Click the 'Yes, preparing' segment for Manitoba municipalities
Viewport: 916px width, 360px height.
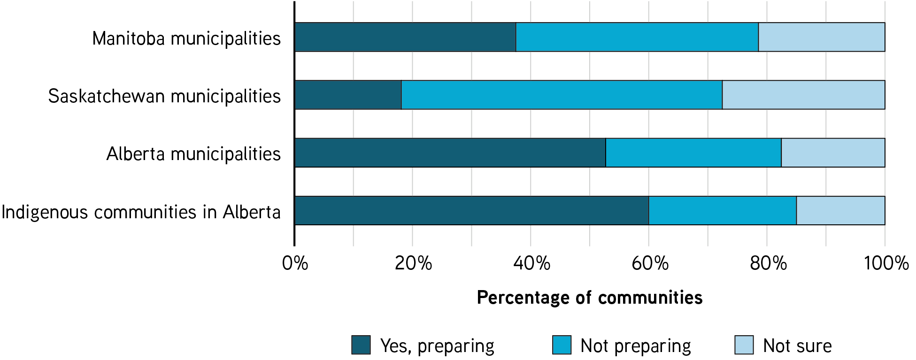[x=405, y=37]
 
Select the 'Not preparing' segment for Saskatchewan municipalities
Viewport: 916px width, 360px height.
[x=562, y=95]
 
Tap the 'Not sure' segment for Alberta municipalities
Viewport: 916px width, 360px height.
[x=833, y=153]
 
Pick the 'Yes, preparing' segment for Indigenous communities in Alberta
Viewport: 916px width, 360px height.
[x=471, y=210]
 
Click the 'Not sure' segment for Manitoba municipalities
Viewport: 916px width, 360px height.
[x=822, y=37]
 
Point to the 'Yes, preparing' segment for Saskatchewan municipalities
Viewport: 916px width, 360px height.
[x=348, y=95]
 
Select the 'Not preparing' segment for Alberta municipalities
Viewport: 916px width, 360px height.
[x=693, y=153]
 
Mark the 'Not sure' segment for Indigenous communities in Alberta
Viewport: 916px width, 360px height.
[x=840, y=210]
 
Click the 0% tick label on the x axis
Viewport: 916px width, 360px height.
[x=295, y=263]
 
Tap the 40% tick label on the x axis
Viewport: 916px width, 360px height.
[x=531, y=263]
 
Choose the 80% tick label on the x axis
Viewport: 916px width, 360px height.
[x=768, y=263]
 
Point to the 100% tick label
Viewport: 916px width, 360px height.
[x=886, y=263]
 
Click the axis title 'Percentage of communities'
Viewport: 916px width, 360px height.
[x=590, y=298]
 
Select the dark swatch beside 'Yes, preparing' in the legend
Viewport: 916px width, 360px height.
[x=361, y=345]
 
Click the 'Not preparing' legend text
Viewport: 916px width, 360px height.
[x=636, y=346]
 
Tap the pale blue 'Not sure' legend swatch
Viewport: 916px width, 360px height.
[x=744, y=345]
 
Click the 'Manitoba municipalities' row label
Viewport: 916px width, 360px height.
[x=186, y=38]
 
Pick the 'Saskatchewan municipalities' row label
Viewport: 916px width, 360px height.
[x=164, y=96]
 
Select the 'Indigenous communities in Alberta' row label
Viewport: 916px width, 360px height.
[x=141, y=212]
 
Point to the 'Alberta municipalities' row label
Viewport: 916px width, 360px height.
[x=193, y=154]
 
